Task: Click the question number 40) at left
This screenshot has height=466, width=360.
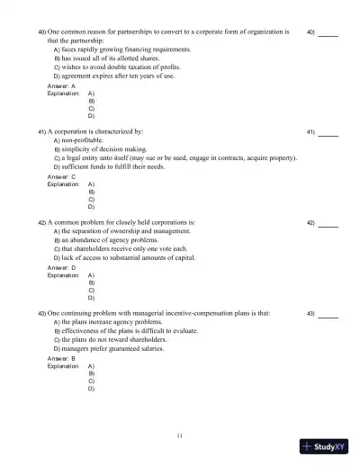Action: click(x=41, y=31)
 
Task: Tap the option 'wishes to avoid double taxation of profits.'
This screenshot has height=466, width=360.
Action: click(x=130, y=67)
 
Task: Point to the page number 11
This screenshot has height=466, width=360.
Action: click(x=180, y=435)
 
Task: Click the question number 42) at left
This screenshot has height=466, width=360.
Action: click(x=41, y=222)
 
